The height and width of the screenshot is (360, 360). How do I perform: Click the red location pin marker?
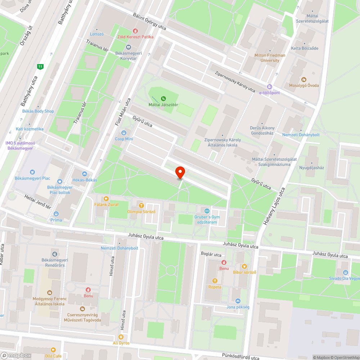point(180,172)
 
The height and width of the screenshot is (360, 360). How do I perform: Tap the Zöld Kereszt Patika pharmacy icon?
point(135,31)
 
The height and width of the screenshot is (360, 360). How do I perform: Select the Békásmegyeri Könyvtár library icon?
point(129,47)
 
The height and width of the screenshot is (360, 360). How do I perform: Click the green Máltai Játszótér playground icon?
point(163,98)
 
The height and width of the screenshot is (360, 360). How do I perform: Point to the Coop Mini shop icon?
point(124,133)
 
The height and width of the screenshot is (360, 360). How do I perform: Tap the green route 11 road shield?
point(40,66)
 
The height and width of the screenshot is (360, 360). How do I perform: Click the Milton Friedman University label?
point(270,58)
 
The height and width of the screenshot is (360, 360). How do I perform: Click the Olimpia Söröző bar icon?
point(141,206)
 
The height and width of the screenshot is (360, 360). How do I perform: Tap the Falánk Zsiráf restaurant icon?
point(106,198)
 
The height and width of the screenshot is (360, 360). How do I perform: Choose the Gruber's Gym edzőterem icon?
point(207,211)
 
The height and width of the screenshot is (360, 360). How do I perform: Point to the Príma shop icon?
point(56,214)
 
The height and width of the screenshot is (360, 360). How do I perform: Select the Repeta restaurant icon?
point(215,281)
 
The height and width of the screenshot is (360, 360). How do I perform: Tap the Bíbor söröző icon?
point(244,266)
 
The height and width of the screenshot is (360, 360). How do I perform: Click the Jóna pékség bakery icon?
point(238,301)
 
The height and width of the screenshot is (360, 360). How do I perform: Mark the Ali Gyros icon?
point(121,337)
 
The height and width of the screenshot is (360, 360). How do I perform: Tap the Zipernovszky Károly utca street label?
point(235,81)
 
